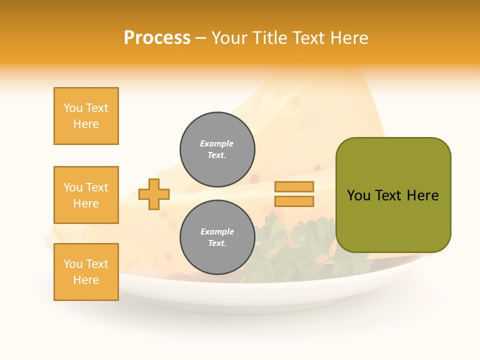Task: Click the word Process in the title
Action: tap(157, 38)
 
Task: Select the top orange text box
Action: tap(86, 116)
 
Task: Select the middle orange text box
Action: tap(86, 195)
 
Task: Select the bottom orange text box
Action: tap(86, 272)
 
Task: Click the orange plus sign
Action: tap(154, 194)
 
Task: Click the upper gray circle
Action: tap(217, 149)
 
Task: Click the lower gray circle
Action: tap(217, 237)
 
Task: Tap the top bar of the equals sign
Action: tap(294, 186)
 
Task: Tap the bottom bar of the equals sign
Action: tap(294, 201)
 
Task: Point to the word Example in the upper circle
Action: tap(217, 143)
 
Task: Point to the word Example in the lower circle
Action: tap(217, 231)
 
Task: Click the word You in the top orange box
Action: tap(72, 108)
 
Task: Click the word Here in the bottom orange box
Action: tap(86, 280)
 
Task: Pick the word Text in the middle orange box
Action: tap(96, 187)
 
